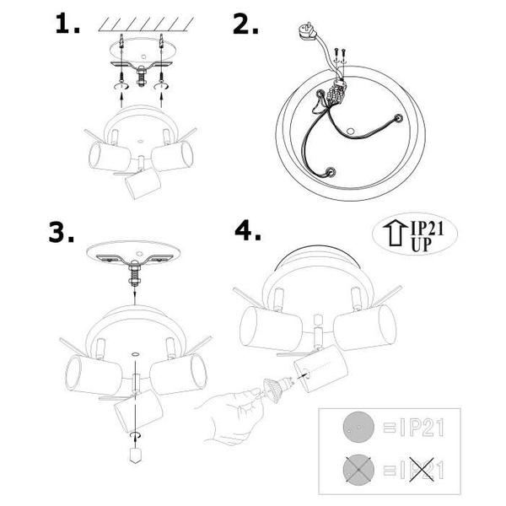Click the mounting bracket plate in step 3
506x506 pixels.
click(x=135, y=256)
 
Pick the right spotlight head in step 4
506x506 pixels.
click(x=363, y=326)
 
